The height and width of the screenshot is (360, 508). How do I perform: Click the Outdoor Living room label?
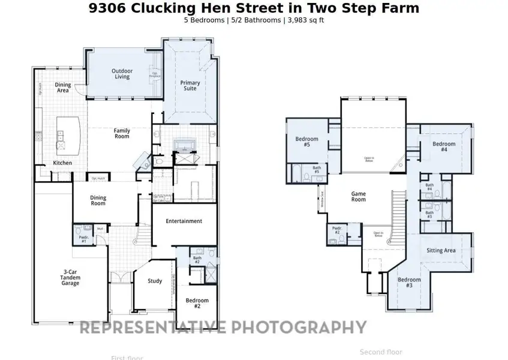[122, 74]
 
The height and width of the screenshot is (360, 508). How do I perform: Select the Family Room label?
[122, 133]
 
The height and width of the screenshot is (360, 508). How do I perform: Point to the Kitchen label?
[63, 163]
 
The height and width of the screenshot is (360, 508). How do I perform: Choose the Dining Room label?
[98, 200]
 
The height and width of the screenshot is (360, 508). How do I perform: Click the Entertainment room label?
[184, 221]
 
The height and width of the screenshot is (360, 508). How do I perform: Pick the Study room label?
[155, 281]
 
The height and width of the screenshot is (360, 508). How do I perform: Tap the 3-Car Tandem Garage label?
[70, 278]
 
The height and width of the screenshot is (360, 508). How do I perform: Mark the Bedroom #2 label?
[197, 304]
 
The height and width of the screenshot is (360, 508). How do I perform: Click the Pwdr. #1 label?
[83, 239]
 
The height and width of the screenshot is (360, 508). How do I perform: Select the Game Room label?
[358, 197]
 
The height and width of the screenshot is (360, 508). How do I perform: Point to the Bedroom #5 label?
[306, 142]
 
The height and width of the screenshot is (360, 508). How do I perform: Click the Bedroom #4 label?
[444, 147]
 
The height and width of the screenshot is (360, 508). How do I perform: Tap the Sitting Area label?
[441, 250]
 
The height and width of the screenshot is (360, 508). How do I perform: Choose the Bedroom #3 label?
[409, 283]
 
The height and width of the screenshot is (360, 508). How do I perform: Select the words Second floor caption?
[381, 352]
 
